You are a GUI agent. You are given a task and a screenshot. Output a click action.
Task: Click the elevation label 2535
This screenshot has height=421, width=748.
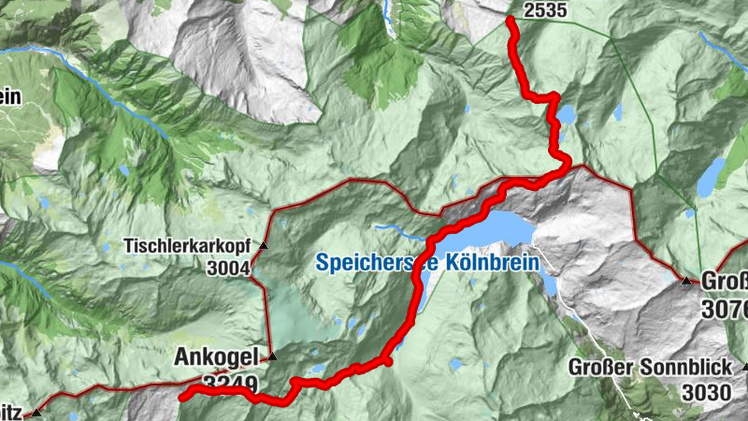546,11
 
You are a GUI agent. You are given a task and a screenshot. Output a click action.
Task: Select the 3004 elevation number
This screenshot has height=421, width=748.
231,269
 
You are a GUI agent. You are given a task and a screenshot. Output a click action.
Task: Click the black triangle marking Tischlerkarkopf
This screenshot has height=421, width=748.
263,246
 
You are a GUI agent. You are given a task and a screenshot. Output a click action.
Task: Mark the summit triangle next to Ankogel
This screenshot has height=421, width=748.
272,356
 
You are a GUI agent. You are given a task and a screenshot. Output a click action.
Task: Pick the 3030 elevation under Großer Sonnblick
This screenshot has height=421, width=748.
706,392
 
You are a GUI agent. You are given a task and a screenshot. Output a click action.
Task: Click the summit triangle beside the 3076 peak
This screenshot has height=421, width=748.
686,280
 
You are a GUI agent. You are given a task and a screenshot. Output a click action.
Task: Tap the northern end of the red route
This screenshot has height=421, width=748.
510,20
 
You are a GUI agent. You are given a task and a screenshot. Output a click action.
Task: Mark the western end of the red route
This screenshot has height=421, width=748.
181,394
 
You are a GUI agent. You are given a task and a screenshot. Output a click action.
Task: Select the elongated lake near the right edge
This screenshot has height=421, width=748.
711,176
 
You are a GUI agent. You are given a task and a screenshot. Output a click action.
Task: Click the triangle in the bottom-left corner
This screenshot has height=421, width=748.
36,413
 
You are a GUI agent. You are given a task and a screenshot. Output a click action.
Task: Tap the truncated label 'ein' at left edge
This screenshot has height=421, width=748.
10,96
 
